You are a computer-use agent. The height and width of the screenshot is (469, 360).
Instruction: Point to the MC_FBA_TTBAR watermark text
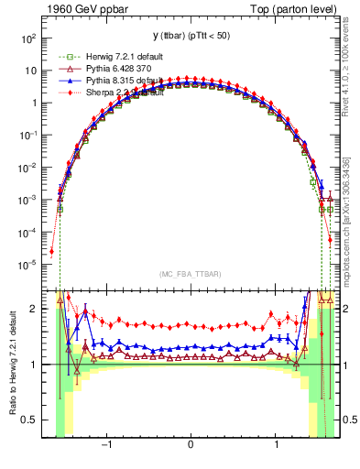point(190,275)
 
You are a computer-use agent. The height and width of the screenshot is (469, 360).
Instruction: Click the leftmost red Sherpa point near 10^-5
point(52,251)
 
